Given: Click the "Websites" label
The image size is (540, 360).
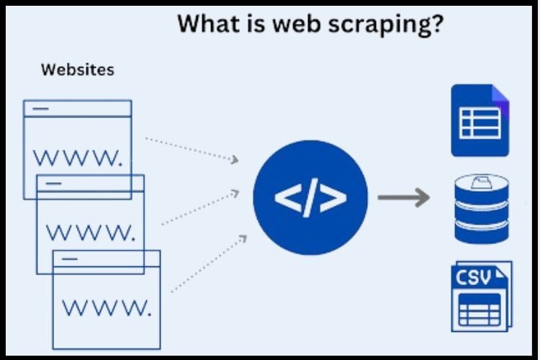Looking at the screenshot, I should pyautogui.click(x=77, y=70).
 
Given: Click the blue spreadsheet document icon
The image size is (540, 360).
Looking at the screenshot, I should pyautogui.click(x=480, y=120).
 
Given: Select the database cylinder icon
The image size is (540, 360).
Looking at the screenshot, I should pyautogui.click(x=481, y=208).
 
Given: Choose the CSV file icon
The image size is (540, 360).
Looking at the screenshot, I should pyautogui.click(x=481, y=296).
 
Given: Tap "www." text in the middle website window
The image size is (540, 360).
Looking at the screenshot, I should pyautogui.click(x=90, y=232).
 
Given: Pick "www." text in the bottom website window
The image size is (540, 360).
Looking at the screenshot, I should pyautogui.click(x=107, y=308).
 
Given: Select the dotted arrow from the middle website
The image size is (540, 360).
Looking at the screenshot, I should pyautogui.click(x=200, y=208).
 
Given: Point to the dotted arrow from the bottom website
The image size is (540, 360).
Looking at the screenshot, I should pyautogui.click(x=210, y=263).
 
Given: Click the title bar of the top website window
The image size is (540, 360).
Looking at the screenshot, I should pyautogui.click(x=78, y=108).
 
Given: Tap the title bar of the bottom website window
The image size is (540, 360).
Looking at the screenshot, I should pyautogui.click(x=107, y=258).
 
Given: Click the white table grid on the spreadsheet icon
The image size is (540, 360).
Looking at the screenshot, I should pyautogui.click(x=480, y=124).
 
